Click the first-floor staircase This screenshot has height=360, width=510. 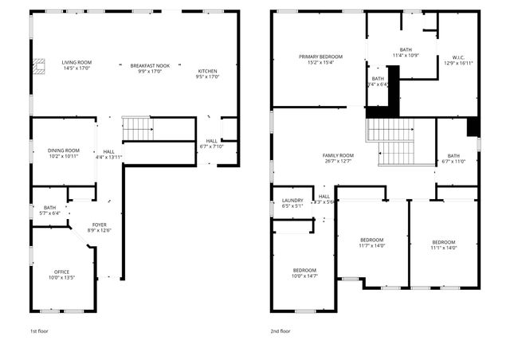(137, 127)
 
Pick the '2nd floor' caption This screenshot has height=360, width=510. (280, 331)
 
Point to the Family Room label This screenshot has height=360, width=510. (338, 157)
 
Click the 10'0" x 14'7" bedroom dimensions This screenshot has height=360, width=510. (304, 276)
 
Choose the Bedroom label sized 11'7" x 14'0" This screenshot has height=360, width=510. (371, 240)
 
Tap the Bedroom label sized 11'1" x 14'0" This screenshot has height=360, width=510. (444, 242)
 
